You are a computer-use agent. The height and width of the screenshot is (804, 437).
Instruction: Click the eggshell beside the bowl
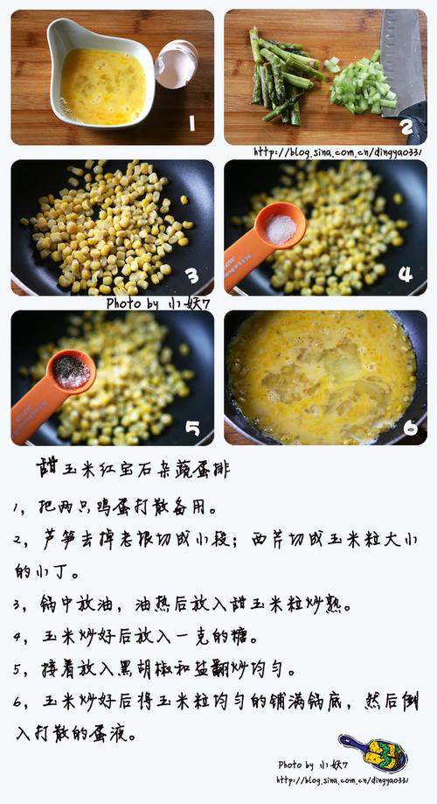[177, 64]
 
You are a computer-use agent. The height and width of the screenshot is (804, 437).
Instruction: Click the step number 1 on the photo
[191, 123]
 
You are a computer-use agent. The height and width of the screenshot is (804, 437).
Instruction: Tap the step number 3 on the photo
[192, 276]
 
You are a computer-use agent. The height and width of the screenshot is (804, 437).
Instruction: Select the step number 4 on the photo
[406, 274]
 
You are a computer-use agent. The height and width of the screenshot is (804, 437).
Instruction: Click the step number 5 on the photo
[192, 428]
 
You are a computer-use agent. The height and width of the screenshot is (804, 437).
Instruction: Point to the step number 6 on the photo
[411, 427]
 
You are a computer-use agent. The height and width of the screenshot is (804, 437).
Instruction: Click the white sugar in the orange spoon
[281, 228]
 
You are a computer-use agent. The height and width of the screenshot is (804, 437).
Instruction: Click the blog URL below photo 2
[338, 151]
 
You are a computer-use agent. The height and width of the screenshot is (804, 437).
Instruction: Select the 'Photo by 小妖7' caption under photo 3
[158, 304]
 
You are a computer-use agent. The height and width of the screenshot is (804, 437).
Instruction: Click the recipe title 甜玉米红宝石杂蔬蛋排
[133, 469]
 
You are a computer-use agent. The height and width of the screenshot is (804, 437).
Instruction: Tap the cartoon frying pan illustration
[373, 752]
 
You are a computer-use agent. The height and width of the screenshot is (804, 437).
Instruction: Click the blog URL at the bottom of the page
[343, 780]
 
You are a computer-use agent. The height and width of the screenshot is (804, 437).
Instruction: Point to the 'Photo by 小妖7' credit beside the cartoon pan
[313, 765]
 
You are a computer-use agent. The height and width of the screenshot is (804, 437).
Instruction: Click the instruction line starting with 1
[115, 507]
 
